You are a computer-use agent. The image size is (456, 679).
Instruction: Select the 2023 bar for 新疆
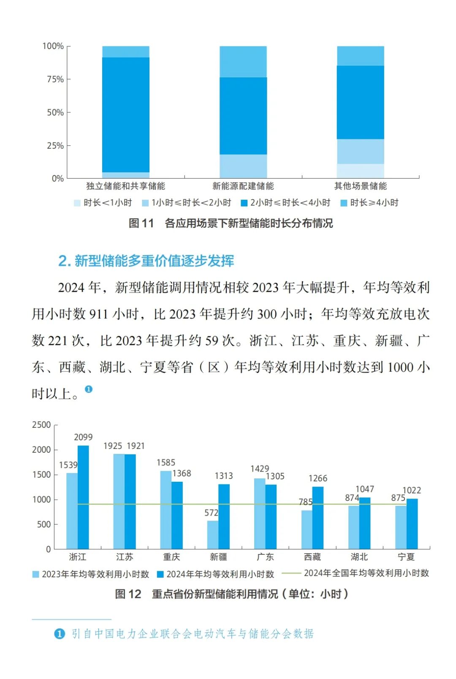213,535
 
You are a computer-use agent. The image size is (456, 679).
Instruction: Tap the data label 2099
83,437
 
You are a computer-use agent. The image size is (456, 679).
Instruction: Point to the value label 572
212,513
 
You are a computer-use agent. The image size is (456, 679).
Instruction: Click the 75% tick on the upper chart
55,79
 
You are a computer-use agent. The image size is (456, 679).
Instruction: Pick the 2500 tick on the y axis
41,425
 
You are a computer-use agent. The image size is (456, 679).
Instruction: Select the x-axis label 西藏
312,557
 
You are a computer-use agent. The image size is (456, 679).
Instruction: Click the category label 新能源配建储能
243,186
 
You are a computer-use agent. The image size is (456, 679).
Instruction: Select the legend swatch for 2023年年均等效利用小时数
36,574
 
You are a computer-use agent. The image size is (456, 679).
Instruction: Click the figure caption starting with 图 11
231,223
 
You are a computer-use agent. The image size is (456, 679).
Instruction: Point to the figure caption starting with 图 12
231,594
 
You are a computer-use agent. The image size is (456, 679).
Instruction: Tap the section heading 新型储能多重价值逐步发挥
147,261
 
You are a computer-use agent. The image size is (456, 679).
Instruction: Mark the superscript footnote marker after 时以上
88,389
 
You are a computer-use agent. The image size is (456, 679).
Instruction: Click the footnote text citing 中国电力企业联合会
192,633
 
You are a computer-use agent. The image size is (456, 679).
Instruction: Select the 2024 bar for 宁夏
412,524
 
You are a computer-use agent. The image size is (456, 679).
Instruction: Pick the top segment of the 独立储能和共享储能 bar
126,52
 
